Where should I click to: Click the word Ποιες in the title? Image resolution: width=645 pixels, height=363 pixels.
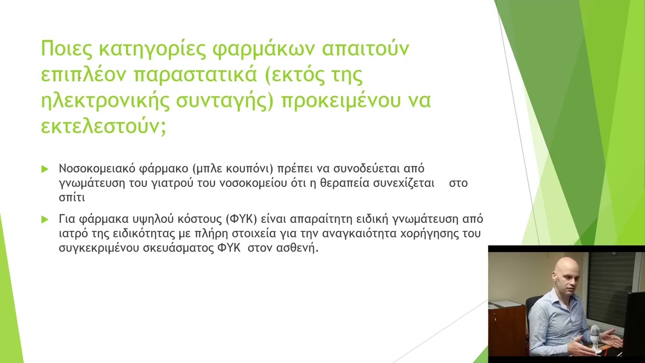coord(67,49)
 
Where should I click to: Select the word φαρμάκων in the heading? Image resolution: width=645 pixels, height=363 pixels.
coord(263,49)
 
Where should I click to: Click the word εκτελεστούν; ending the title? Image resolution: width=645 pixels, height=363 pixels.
coord(103,127)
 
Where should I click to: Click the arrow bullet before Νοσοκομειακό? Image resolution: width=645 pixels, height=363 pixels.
coord(45,169)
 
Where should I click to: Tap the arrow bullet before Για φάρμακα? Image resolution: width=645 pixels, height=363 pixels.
coord(45,219)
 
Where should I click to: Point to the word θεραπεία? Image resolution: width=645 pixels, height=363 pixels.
coord(344,183)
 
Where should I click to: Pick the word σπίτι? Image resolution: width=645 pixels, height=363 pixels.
coord(72,198)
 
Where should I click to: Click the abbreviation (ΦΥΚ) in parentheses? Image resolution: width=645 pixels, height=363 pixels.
coord(241,219)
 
